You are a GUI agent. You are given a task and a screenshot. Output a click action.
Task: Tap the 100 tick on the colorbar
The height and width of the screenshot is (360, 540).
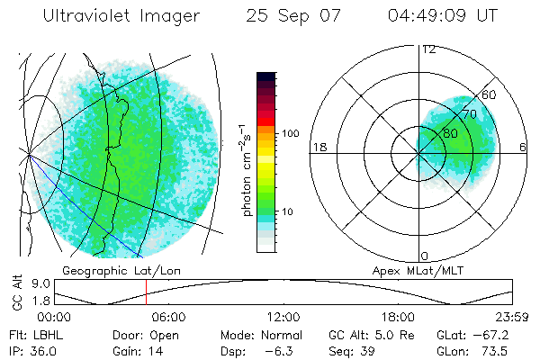289,133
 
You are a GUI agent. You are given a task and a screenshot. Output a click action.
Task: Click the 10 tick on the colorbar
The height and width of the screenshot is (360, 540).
289,212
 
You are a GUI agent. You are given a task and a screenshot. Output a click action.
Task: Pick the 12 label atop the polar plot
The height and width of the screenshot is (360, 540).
428,49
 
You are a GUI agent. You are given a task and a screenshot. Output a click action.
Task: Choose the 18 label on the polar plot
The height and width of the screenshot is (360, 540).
318,147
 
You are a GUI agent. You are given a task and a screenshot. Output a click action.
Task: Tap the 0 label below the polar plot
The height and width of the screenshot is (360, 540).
425,256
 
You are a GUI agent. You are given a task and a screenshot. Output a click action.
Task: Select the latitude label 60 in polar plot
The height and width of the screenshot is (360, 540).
490,94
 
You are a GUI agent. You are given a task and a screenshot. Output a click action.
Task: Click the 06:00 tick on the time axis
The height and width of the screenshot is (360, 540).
168,318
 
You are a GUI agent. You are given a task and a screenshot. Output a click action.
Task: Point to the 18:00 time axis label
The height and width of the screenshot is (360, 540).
398,318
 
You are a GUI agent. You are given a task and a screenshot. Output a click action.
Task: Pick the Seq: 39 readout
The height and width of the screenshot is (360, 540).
358,350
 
